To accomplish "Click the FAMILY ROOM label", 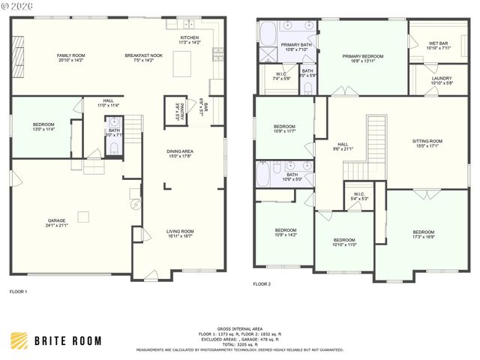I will pyautogui.click(x=70, y=55).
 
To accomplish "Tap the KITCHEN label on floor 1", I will pyautogui.click(x=189, y=37).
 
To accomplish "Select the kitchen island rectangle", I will pyautogui.click(x=182, y=66).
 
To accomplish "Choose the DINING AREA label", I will pyautogui.click(x=181, y=151).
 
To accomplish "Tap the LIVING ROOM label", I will pyautogui.click(x=180, y=232).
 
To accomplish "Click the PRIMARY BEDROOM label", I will pyautogui.click(x=363, y=56).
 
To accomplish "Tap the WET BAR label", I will pyautogui.click(x=438, y=43).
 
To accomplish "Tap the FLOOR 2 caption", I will pyautogui.click(x=262, y=284).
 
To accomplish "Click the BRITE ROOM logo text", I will pyautogui.click(x=67, y=340).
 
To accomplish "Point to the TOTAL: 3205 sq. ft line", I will pyautogui.click(x=240, y=343).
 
